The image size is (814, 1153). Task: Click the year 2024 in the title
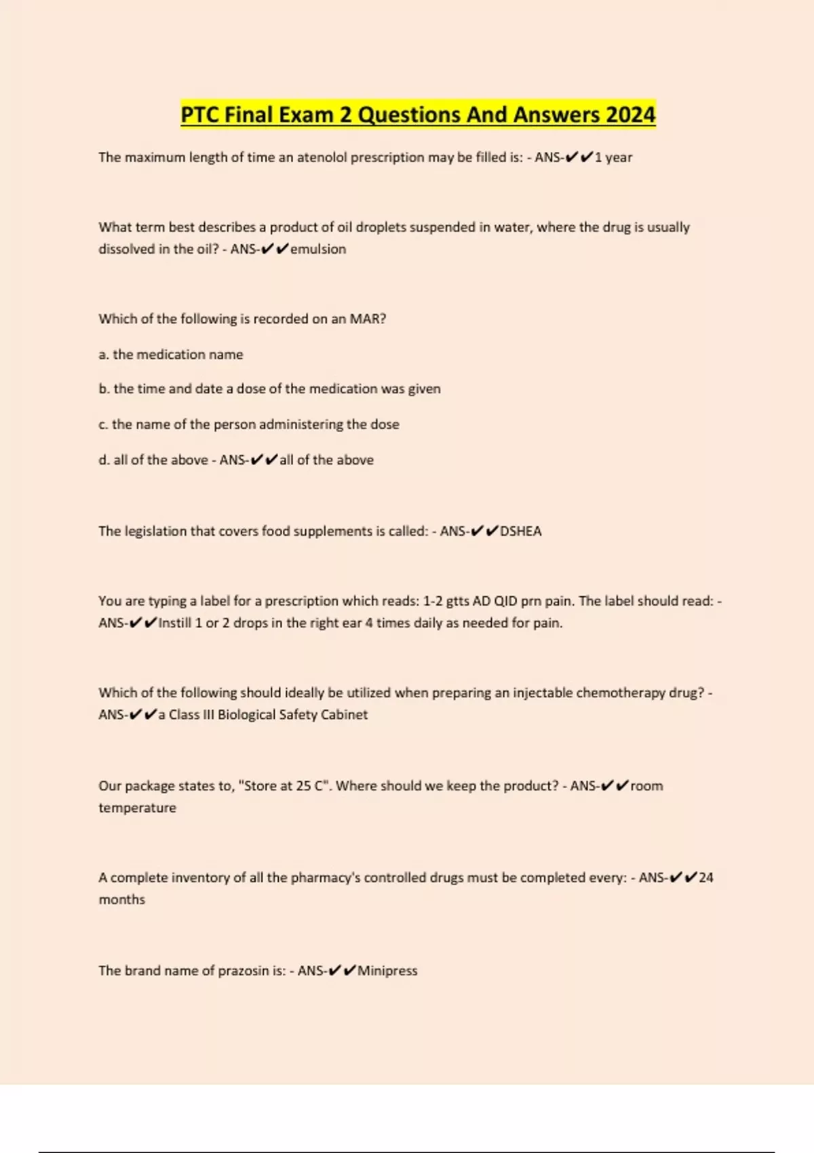pyautogui.click(x=630, y=115)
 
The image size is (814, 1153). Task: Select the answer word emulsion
pyautogui.click(x=318, y=249)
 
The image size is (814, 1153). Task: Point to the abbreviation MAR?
pyautogui.click(x=368, y=319)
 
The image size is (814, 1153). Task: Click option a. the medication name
pyautogui.click(x=171, y=354)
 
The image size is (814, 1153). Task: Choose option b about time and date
pyautogui.click(x=269, y=389)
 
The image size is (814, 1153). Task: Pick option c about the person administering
pyautogui.click(x=249, y=424)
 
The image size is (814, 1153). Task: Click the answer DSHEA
pyautogui.click(x=521, y=531)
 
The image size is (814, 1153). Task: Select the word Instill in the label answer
pyautogui.click(x=175, y=623)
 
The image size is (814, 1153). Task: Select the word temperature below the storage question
pyautogui.click(x=137, y=808)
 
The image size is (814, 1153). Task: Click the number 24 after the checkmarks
pyautogui.click(x=706, y=878)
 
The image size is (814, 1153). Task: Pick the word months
pyautogui.click(x=122, y=899)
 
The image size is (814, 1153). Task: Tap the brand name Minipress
pyautogui.click(x=387, y=971)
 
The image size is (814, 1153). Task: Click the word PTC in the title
pyautogui.click(x=199, y=115)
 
